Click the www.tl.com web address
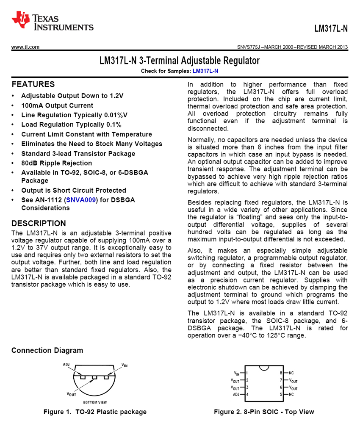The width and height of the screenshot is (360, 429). pos(25,47)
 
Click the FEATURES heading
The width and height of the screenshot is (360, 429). pos(33,84)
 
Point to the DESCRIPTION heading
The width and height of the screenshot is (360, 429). pos(39,223)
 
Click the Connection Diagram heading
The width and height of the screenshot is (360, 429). pos(47,350)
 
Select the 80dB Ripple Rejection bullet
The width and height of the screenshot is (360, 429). pos(56,163)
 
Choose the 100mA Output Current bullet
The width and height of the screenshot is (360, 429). pos(57,105)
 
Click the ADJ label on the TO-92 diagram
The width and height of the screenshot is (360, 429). pos(66,364)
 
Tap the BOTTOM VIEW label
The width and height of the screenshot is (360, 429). pos(95,402)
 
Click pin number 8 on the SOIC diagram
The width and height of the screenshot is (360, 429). pos(281,373)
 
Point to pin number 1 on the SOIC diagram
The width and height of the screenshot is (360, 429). pos(247,373)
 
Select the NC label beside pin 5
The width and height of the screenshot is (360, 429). pos(291,395)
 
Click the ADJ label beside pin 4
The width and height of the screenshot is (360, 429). pos(236,395)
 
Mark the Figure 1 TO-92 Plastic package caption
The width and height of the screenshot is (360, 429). pos(95,412)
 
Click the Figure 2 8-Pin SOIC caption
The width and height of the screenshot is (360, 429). pos(264,412)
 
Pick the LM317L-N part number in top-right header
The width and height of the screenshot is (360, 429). pos(331,29)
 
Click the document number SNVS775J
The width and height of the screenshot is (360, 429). pos(250,47)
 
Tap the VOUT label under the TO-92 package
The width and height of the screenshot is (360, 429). pos(71,394)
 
